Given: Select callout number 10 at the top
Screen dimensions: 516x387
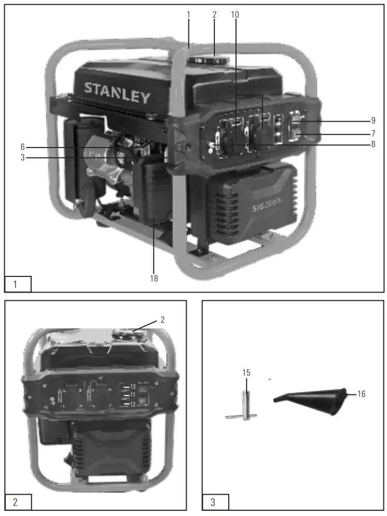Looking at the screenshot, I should (x=236, y=15).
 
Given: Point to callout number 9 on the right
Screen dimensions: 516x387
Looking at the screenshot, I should (x=373, y=121).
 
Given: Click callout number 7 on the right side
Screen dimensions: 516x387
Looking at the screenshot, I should (x=373, y=134).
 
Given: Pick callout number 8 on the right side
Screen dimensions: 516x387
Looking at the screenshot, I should (x=373, y=144).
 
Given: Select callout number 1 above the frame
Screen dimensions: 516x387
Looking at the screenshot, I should (x=189, y=15).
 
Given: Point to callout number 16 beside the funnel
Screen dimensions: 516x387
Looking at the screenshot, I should (x=362, y=394).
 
